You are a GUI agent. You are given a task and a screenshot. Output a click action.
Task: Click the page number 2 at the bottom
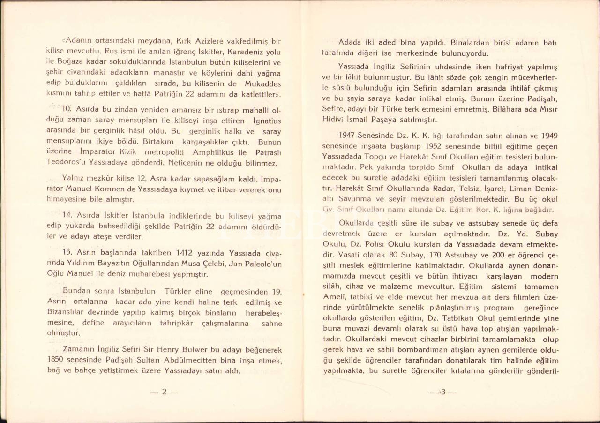coord(165,393)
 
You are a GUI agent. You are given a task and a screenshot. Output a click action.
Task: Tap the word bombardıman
coord(420,350)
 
